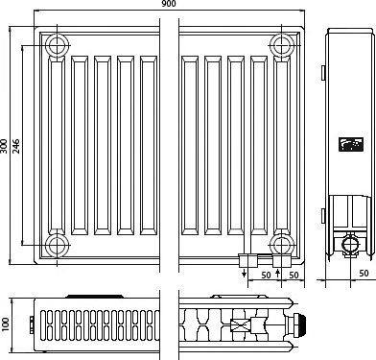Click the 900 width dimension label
169,4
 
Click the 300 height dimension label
4,146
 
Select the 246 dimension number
16,146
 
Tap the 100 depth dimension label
6,324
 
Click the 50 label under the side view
364,273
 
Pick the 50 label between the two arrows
266,275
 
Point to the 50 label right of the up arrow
294,275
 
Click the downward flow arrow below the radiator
245,274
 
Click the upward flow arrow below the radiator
277,274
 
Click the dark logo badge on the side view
351,145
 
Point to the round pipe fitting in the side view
351,245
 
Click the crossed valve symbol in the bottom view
241,325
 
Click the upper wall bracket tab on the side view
323,73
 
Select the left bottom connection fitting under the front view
248,261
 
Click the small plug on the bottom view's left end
32,324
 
